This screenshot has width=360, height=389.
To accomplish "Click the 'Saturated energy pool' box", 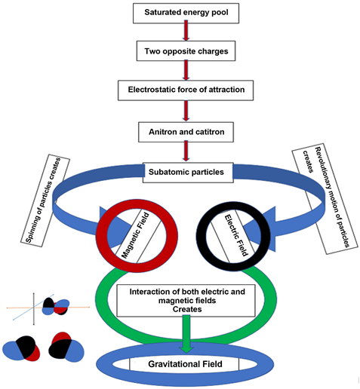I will click(x=185, y=13).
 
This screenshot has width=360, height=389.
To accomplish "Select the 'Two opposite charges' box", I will click(x=185, y=52).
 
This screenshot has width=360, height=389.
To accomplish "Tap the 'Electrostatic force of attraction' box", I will click(x=185, y=90).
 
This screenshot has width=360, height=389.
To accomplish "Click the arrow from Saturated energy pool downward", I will click(x=185, y=32).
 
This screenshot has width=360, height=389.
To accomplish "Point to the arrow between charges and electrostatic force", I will click(x=185, y=71).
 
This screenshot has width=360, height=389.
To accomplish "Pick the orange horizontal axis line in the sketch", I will click(x=23, y=308).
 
